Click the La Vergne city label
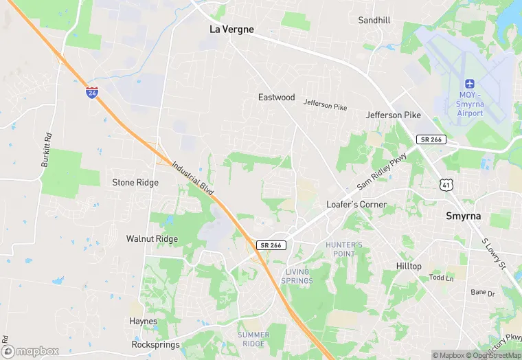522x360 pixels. (231, 30)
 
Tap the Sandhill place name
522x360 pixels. (374, 21)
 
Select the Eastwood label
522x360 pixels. (276, 98)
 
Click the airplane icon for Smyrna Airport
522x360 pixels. (470, 85)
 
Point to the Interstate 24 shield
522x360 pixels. (92, 91)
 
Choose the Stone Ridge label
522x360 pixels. (135, 183)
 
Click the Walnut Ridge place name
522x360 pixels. (152, 239)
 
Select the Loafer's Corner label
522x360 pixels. (356, 205)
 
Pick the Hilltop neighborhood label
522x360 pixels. (409, 267)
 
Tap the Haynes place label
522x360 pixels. (144, 322)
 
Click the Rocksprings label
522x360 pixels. (155, 344)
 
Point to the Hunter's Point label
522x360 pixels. (344, 249)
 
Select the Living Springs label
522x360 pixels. (297, 276)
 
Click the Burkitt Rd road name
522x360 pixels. (47, 147)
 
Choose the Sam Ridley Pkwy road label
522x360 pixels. (382, 172)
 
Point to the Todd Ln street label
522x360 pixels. (442, 278)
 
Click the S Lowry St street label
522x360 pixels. (493, 254)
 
